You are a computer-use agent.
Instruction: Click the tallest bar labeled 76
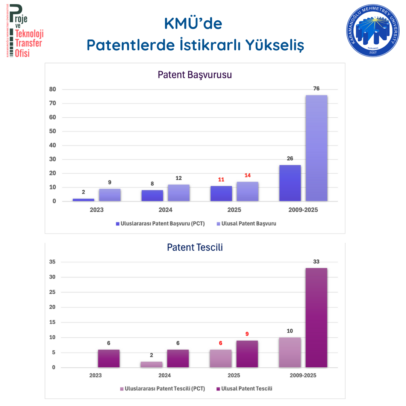click(x=317, y=148)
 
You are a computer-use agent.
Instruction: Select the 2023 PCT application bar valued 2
click(x=83, y=200)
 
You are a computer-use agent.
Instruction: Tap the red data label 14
click(x=247, y=176)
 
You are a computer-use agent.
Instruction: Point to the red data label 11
click(x=221, y=180)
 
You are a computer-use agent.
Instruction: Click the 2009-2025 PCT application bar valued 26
click(x=290, y=183)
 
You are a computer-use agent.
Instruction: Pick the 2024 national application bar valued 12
click(x=179, y=193)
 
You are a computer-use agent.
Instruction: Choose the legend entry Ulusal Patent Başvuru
click(x=247, y=223)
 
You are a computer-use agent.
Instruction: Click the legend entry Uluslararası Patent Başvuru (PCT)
click(x=160, y=223)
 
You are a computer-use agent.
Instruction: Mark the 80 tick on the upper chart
click(x=53, y=89)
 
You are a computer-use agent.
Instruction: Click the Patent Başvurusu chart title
click(x=195, y=75)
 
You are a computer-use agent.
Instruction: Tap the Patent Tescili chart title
click(x=195, y=247)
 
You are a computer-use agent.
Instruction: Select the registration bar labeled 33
click(x=317, y=318)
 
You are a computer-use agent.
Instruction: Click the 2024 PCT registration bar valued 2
click(x=151, y=365)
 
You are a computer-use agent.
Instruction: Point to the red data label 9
click(x=247, y=334)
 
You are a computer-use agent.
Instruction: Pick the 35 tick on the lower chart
click(x=52, y=262)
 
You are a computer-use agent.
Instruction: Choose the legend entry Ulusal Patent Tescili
click(x=244, y=389)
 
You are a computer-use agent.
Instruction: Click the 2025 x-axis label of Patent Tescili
click(x=234, y=376)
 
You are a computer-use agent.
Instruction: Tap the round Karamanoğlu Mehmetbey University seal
click(x=373, y=30)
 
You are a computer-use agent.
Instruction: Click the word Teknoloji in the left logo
click(x=29, y=34)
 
